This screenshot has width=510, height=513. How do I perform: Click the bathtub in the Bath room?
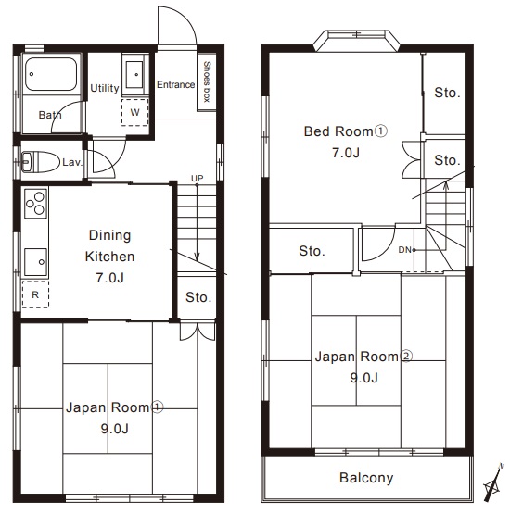(51, 74)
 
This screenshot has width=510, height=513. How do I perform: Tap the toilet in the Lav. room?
(40, 162)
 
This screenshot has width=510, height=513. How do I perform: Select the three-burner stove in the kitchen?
(36, 204)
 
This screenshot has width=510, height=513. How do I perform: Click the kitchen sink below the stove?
(35, 262)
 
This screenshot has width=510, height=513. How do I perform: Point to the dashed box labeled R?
(35, 294)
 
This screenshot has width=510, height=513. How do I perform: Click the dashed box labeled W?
(135, 112)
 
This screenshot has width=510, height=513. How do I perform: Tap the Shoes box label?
(207, 81)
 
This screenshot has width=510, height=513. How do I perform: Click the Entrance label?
(175, 85)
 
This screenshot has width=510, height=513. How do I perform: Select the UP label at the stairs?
(198, 179)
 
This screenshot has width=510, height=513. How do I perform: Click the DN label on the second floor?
(404, 250)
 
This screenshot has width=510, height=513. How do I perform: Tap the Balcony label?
(366, 478)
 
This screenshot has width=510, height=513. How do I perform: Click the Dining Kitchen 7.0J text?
(109, 256)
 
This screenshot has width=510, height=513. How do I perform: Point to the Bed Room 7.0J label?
(346, 142)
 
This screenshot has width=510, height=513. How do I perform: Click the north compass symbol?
(492, 482)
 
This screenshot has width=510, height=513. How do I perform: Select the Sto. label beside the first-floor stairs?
(198, 297)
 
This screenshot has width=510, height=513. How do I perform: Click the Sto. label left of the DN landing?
(312, 251)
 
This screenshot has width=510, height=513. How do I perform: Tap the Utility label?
(105, 88)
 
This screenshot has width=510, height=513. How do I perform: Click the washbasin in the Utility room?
(134, 75)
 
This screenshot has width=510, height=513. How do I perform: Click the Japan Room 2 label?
(363, 367)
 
